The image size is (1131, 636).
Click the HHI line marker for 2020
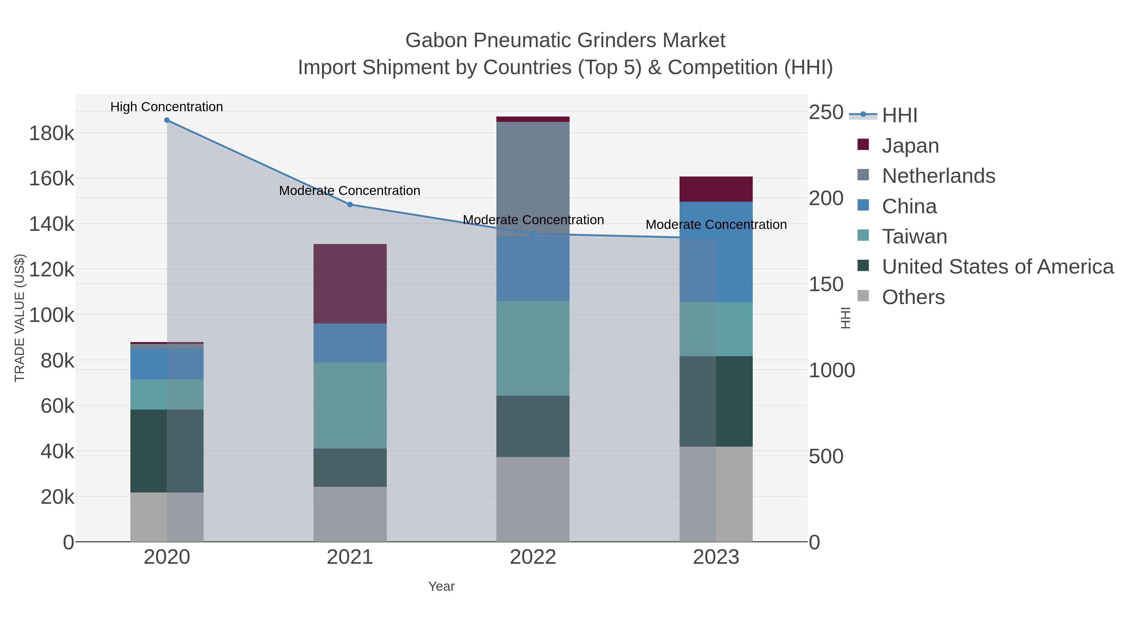(x=167, y=120)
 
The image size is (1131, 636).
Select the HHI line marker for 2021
(x=350, y=204)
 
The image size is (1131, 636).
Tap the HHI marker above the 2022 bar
(x=533, y=234)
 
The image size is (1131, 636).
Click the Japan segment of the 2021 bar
(x=350, y=284)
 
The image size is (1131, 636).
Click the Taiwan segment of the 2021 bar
(x=350, y=405)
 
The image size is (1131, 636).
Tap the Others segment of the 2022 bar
(x=533, y=499)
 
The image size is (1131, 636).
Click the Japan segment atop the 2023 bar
(x=716, y=189)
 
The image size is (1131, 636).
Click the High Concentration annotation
(x=167, y=107)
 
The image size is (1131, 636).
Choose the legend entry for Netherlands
(x=938, y=176)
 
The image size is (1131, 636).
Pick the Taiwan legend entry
(x=914, y=236)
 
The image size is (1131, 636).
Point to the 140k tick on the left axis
(x=52, y=224)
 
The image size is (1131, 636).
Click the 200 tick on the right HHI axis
(x=825, y=198)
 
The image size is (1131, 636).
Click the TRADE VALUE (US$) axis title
(x=20, y=318)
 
